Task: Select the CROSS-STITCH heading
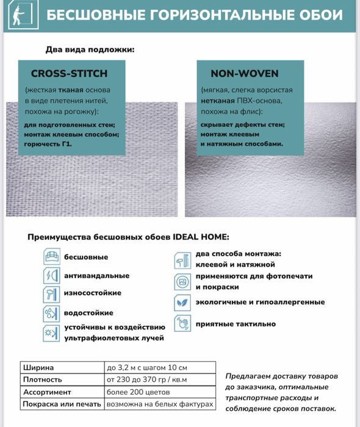coord(69,74)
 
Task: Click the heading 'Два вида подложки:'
coord(90,49)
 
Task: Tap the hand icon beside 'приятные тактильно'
coord(182,323)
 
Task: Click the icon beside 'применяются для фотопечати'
coord(182,282)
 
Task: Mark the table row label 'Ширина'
coord(38,368)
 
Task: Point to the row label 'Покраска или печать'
coord(62,404)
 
